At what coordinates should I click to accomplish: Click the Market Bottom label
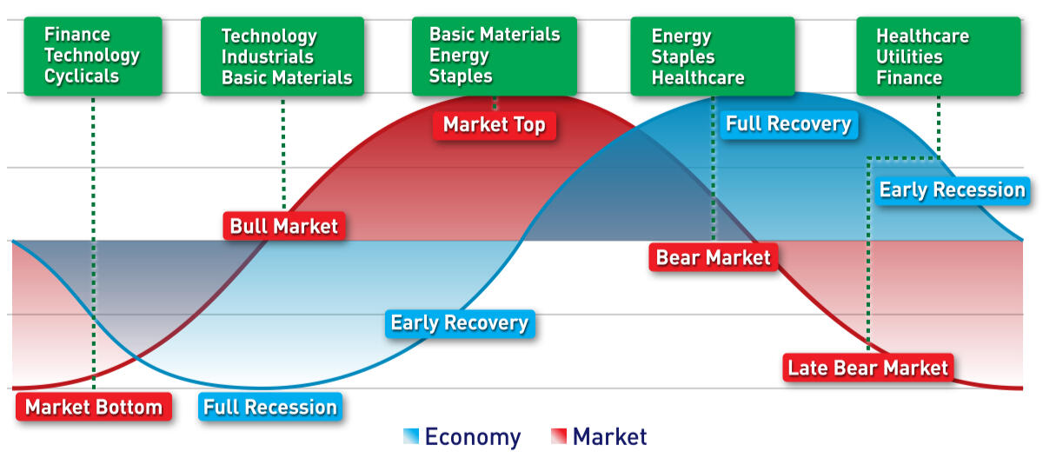coord(94,407)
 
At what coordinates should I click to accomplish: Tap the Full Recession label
coord(270,407)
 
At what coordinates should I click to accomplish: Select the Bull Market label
coord(284,226)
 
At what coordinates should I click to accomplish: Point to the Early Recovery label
coord(460,323)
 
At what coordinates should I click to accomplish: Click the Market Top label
coord(494,125)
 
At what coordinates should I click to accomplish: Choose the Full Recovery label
coord(788,124)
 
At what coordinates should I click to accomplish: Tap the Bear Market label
coord(713,257)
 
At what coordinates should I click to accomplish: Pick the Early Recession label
coord(953,190)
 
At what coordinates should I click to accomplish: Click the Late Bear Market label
coord(868,368)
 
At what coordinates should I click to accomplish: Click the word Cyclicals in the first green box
coord(82,76)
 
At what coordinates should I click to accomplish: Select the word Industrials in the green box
coord(268,56)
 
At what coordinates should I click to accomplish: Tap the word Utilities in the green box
coord(909,56)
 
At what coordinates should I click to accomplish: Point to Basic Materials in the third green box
coord(495,34)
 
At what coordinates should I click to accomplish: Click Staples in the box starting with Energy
coord(682,57)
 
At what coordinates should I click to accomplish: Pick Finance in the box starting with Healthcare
coord(909,77)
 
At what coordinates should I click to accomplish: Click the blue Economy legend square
coord(411,436)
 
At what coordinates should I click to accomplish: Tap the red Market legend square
coord(559,436)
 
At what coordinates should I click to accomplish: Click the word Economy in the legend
coord(473,437)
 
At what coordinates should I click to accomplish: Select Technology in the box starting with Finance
coord(92,56)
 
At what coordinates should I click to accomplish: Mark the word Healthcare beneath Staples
coord(697,77)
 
